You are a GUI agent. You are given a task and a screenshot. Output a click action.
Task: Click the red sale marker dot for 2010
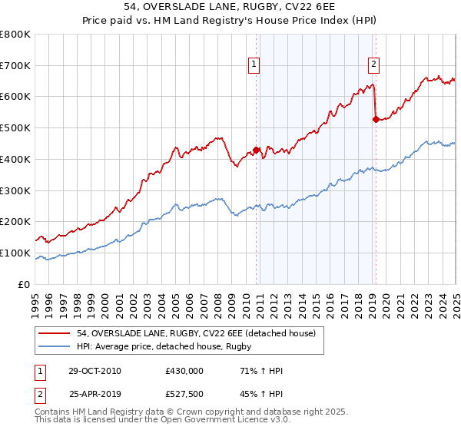tap(257, 150)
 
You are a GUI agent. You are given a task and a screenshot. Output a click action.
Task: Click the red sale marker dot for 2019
tap(376, 119)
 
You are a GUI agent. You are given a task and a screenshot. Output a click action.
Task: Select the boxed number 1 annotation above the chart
tap(254, 65)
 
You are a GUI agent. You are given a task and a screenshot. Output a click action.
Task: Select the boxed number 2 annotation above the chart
tap(373, 65)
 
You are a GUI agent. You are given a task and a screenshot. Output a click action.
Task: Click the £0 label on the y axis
tap(25, 284)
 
